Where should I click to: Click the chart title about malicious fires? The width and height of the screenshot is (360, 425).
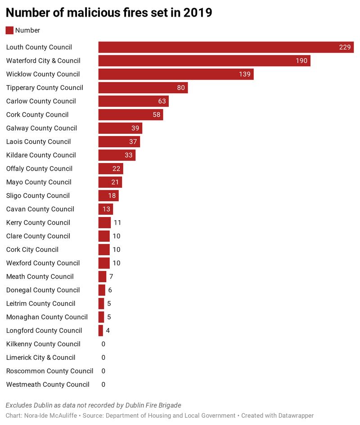click(109, 13)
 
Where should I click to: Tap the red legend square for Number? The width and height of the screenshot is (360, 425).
click(9, 30)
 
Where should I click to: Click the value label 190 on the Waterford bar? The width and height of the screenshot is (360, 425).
click(301, 61)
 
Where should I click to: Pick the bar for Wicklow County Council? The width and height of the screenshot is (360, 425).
click(175, 74)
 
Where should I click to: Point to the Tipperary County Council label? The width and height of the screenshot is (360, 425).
click(45, 88)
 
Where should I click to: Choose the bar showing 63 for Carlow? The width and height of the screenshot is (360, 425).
click(133, 101)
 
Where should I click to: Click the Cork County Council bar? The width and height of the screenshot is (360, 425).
click(130, 115)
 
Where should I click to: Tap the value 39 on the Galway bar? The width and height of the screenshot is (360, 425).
click(135, 128)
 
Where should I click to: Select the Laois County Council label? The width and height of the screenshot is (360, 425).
click(38, 142)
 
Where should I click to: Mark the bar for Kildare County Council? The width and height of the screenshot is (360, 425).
click(117, 155)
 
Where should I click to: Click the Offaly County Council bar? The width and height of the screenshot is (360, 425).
click(110, 169)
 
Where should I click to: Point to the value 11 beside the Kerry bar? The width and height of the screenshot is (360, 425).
click(117, 222)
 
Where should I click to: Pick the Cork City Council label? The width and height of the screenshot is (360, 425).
click(32, 249)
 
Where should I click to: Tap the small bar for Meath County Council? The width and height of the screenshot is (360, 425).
click(102, 276)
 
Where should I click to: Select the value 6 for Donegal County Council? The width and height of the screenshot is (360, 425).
click(110, 290)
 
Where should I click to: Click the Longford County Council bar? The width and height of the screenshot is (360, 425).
click(101, 330)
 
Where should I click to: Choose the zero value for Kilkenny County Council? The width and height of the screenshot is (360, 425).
click(103, 344)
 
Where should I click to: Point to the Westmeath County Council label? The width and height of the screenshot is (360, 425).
click(48, 384)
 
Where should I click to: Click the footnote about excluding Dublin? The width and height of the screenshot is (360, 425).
click(93, 405)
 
